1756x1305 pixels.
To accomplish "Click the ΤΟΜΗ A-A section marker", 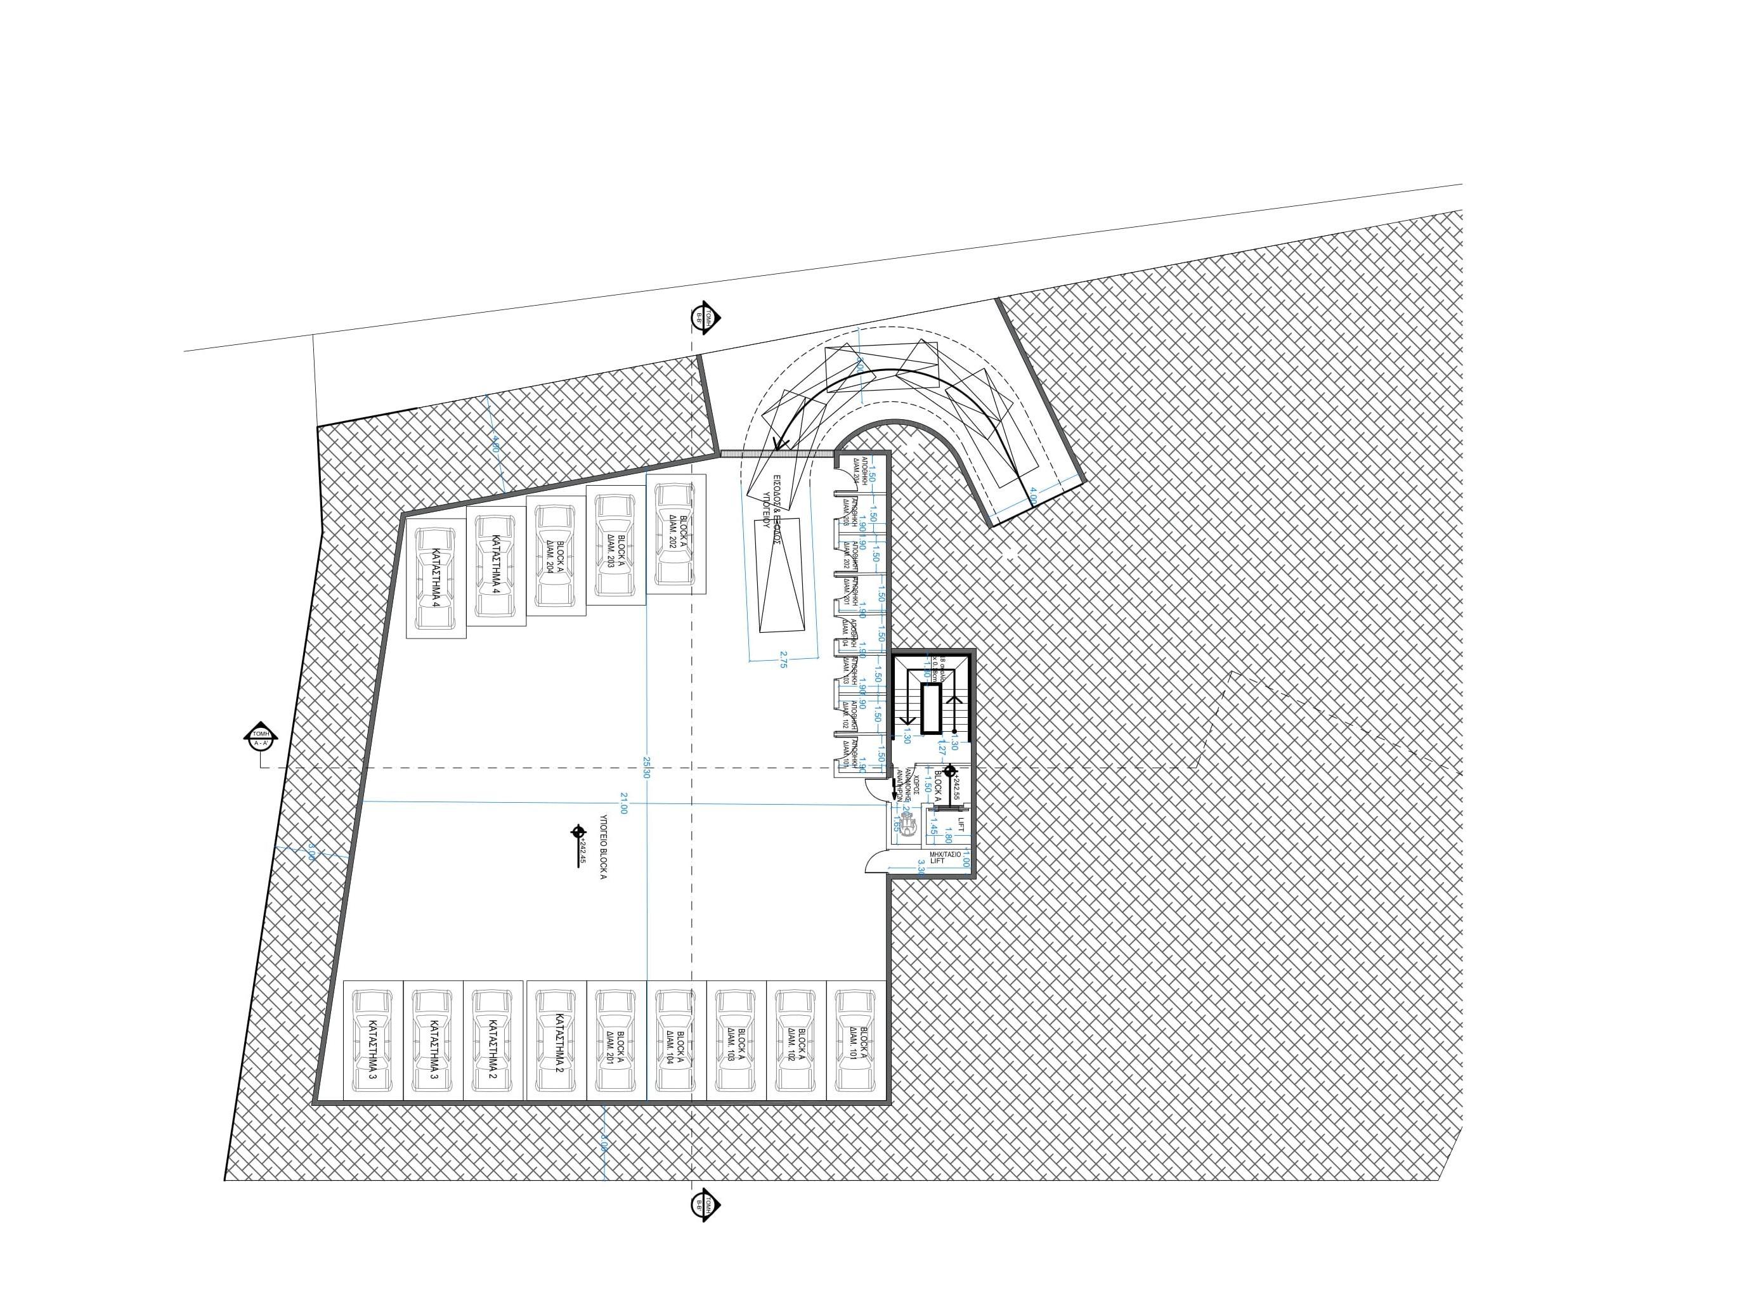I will pyautogui.click(x=261, y=738).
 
